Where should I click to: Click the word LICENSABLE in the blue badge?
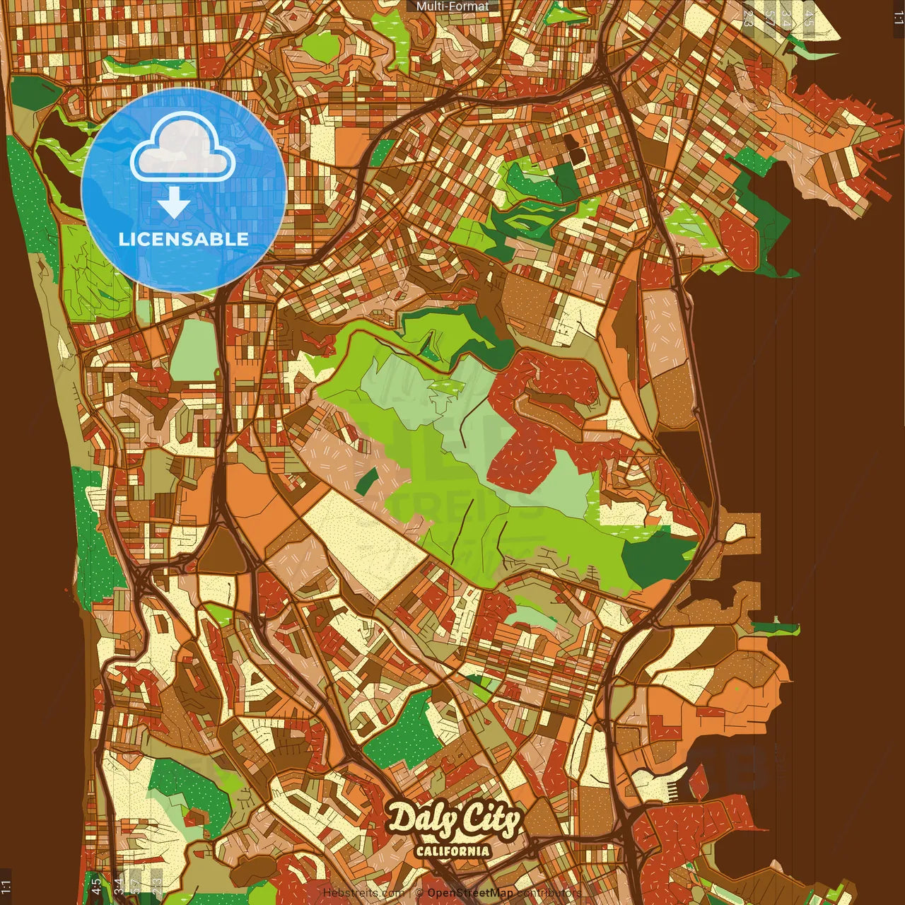(x=183, y=239)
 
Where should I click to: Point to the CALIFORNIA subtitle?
(x=452, y=851)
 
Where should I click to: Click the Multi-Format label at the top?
(x=452, y=6)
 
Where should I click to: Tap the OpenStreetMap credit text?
(x=470, y=893)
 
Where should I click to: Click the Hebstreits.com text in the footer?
(x=363, y=893)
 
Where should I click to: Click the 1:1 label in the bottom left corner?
(x=6, y=886)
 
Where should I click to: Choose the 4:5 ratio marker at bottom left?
(x=96, y=886)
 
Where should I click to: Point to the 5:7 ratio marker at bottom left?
(x=136, y=886)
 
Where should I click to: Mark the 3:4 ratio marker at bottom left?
(x=118, y=886)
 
